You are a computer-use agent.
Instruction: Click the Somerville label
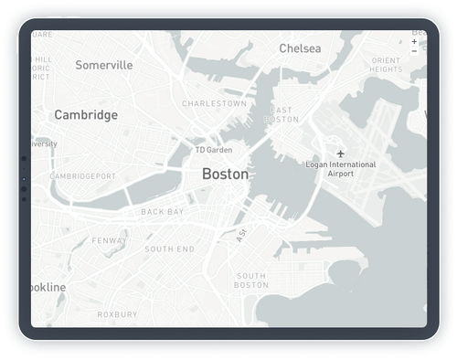pyautogui.click(x=104, y=65)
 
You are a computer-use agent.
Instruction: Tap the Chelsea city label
pyautogui.click(x=300, y=48)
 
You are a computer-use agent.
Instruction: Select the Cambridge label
pyautogui.click(x=86, y=115)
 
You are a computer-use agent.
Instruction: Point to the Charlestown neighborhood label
pyautogui.click(x=215, y=104)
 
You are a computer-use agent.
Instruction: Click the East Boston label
pyautogui.click(x=281, y=114)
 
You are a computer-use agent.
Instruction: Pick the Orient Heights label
pyautogui.click(x=387, y=65)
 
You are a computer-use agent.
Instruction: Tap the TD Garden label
pyautogui.click(x=214, y=150)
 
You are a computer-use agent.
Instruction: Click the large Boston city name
pyautogui.click(x=225, y=173)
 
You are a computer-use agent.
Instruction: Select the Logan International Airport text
pyautogui.click(x=341, y=169)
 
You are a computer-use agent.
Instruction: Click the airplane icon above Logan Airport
pyautogui.click(x=341, y=153)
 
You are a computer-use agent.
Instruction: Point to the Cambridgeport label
pyautogui.click(x=82, y=175)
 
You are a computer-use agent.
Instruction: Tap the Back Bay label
pyautogui.click(x=163, y=212)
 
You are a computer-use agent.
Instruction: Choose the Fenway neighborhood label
pyautogui.click(x=110, y=241)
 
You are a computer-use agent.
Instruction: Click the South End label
pyautogui.click(x=169, y=249)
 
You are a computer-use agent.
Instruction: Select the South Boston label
pyautogui.click(x=251, y=281)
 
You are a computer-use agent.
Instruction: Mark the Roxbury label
pyautogui.click(x=117, y=314)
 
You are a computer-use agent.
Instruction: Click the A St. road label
pyautogui.click(x=241, y=235)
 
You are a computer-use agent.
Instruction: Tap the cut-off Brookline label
pyautogui.click(x=48, y=287)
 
